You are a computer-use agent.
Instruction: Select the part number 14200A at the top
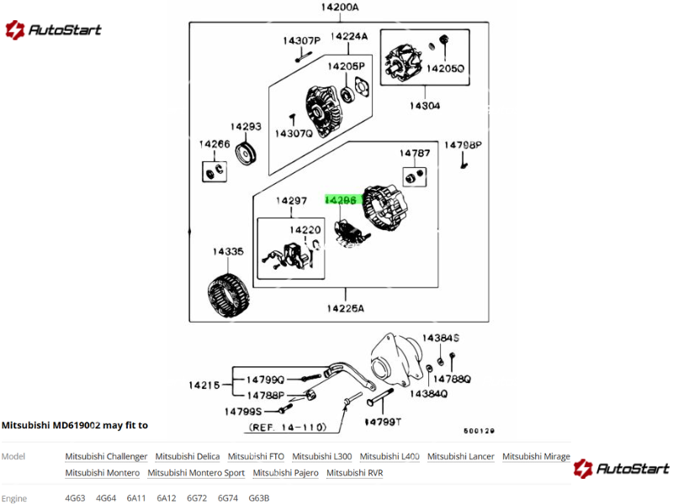(x=339, y=8)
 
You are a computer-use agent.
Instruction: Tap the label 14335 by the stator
(x=227, y=251)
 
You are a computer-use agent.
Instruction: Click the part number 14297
(x=292, y=201)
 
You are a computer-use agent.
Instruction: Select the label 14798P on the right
(x=463, y=145)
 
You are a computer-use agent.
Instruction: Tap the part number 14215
(x=204, y=386)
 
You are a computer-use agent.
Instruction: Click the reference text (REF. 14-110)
(x=288, y=428)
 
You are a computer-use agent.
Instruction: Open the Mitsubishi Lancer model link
(x=460, y=456)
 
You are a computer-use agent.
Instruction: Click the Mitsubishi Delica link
(x=188, y=456)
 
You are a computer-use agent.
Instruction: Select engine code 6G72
(x=197, y=498)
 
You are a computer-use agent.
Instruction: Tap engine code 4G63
(x=75, y=498)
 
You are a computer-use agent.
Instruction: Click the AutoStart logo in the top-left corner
(x=53, y=30)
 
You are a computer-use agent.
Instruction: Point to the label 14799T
(x=383, y=422)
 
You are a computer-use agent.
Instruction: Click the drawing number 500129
(x=479, y=431)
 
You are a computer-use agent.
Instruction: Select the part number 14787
(x=415, y=154)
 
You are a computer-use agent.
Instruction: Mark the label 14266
(x=215, y=144)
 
